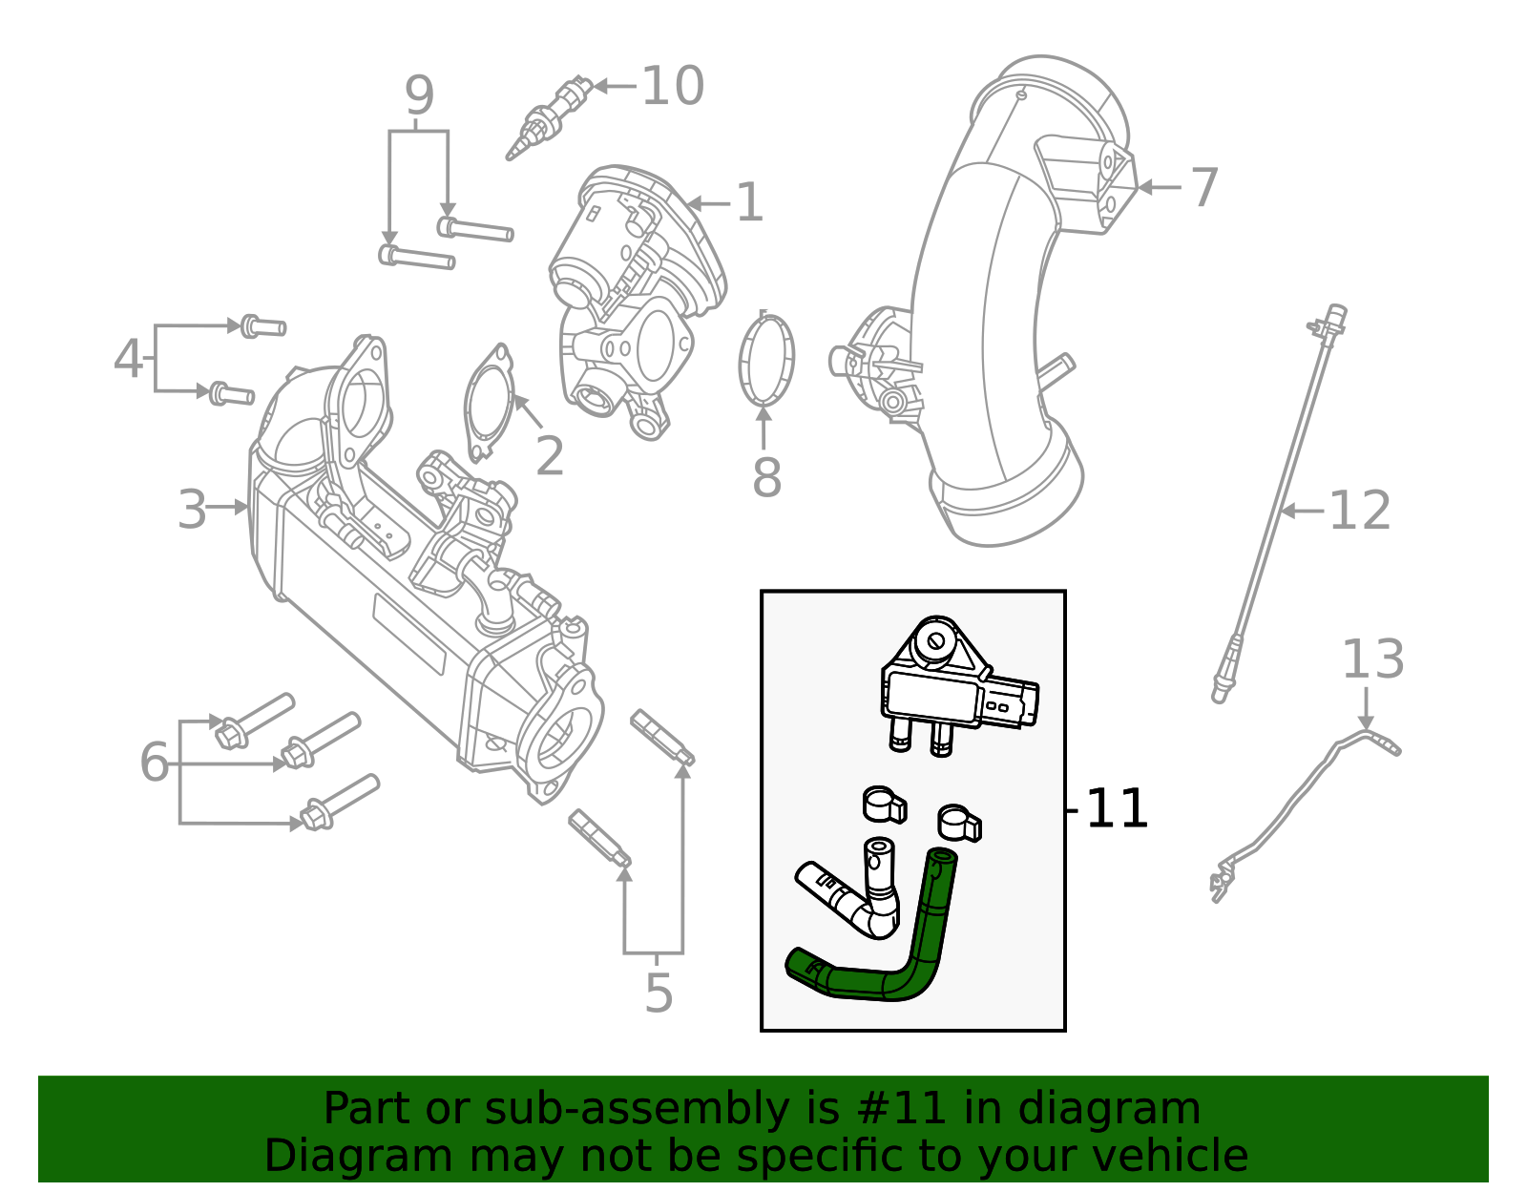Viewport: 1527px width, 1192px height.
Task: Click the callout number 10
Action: click(673, 87)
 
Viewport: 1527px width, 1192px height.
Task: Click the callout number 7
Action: click(1204, 187)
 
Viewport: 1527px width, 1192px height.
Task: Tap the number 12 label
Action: click(1359, 511)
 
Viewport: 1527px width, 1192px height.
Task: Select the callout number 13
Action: click(1372, 659)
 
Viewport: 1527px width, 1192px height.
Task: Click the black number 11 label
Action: click(1117, 809)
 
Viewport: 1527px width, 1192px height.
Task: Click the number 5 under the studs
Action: click(659, 993)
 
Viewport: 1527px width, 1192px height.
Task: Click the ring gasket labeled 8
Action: click(766, 360)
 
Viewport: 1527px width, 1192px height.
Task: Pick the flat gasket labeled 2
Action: click(490, 401)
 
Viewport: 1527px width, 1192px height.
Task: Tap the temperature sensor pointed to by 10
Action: click(546, 117)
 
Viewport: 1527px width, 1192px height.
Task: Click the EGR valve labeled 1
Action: click(635, 286)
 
